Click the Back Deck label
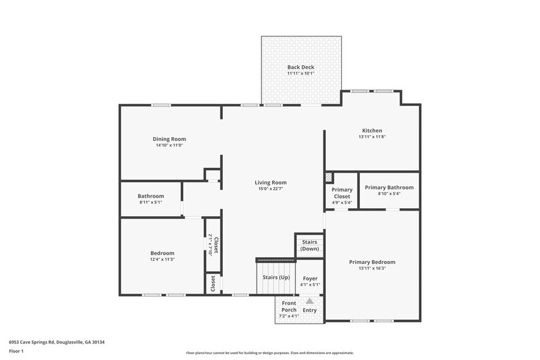(301, 67)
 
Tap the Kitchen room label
(372, 130)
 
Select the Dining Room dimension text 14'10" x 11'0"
(170, 145)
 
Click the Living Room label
(271, 182)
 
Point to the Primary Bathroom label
(389, 187)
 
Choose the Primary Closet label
(342, 193)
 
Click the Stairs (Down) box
(309, 245)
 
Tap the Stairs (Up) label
(276, 277)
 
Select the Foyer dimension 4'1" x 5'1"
(310, 285)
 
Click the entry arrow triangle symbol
(310, 301)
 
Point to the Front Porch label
(289, 306)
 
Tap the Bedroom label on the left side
(162, 253)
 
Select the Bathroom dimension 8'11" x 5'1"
(151, 202)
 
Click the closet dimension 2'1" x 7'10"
(209, 245)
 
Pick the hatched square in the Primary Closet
(328, 177)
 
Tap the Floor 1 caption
(16, 351)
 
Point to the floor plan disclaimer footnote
(270, 353)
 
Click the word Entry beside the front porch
(310, 310)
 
